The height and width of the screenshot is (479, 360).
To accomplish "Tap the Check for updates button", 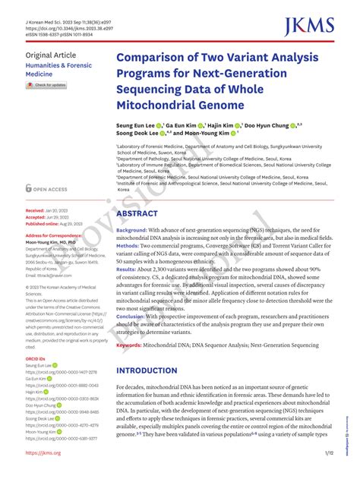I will click(46, 85).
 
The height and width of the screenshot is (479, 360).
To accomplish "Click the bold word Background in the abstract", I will click(131, 229).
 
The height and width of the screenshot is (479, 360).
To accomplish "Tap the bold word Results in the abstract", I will click(126, 269).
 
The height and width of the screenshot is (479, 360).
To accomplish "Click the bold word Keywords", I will click(131, 345).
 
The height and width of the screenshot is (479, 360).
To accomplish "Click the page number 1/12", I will click(330, 453).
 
